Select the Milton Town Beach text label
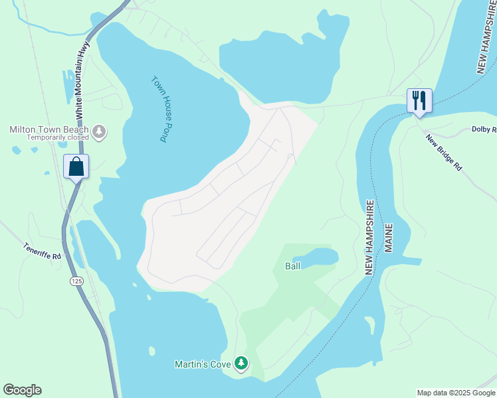pos(49,130)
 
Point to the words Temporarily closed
pos(58,138)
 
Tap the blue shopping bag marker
pos(76,166)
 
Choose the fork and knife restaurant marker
pos(419,101)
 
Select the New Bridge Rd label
pos(444,153)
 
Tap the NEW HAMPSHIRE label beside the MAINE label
pos(370,237)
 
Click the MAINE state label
pos(389,238)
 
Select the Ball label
pos(293,266)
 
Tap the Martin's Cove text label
pos(201,364)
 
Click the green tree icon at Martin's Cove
pos(241,363)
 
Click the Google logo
pos(22,390)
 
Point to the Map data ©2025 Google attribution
pos(455,393)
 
